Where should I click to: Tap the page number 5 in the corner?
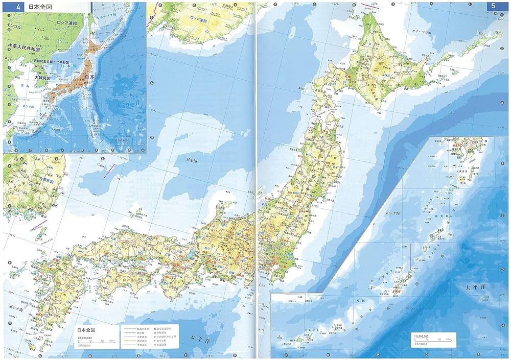[494, 7]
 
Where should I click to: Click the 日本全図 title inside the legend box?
[87, 329]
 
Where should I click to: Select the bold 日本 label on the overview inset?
[89, 77]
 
